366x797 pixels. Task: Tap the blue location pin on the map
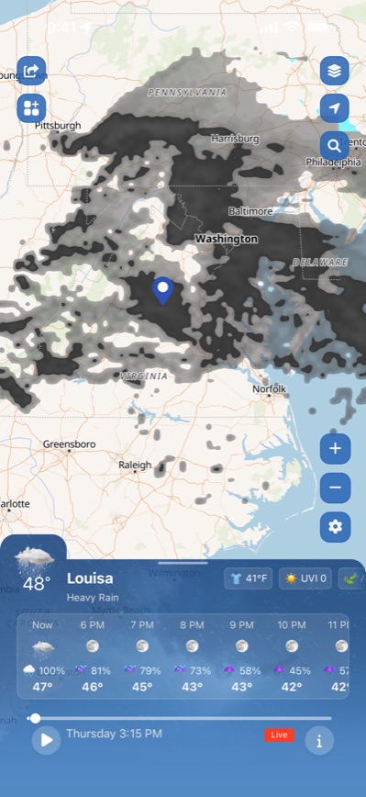(x=163, y=290)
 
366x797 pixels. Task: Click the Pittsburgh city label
(x=58, y=125)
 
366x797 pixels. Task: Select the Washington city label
(x=227, y=239)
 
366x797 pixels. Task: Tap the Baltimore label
(x=250, y=210)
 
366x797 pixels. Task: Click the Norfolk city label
(x=270, y=389)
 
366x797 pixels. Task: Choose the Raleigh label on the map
(x=135, y=465)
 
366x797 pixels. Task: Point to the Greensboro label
(x=69, y=444)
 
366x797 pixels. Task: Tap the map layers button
(x=334, y=70)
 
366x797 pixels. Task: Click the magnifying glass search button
(x=334, y=145)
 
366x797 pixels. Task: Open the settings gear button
(x=335, y=526)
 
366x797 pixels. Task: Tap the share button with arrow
(x=31, y=70)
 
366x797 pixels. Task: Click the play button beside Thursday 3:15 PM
(x=45, y=739)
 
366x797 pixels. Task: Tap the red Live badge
(x=279, y=735)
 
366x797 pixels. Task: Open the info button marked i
(x=319, y=740)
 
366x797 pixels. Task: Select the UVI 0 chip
(x=306, y=578)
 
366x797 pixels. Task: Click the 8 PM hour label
(x=192, y=624)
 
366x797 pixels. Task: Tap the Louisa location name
(x=90, y=578)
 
